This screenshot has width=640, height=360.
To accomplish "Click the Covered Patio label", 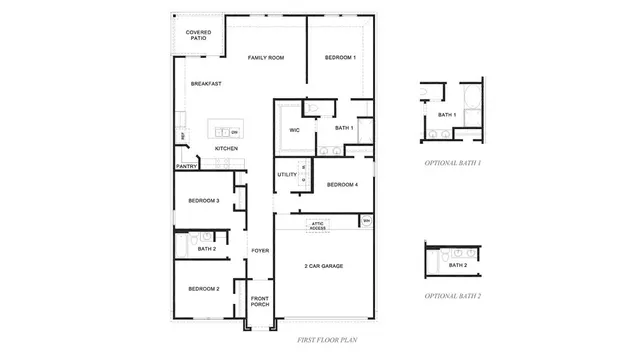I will click(199, 35).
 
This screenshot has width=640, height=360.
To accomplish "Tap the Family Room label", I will click(266, 58).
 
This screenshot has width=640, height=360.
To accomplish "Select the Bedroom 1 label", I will click(340, 58).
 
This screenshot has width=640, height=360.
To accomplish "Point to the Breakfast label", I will click(206, 83).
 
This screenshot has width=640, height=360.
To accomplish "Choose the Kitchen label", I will click(226, 149).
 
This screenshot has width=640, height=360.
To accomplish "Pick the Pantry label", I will click(187, 166).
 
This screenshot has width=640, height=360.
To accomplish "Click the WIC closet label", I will click(295, 130).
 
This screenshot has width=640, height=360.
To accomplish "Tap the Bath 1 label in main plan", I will click(344, 128).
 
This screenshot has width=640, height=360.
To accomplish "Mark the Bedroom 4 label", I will click(342, 184).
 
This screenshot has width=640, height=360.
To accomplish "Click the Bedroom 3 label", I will click(204, 201).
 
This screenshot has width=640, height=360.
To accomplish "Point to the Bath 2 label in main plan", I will click(206, 247).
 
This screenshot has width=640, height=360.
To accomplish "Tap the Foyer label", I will click(260, 251).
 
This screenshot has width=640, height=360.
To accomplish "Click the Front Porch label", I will click(260, 301).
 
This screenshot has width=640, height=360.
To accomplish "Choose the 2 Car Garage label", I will click(325, 266).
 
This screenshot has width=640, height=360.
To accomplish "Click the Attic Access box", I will click(317, 226).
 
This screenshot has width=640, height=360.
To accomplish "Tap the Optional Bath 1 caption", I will click(452, 162).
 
